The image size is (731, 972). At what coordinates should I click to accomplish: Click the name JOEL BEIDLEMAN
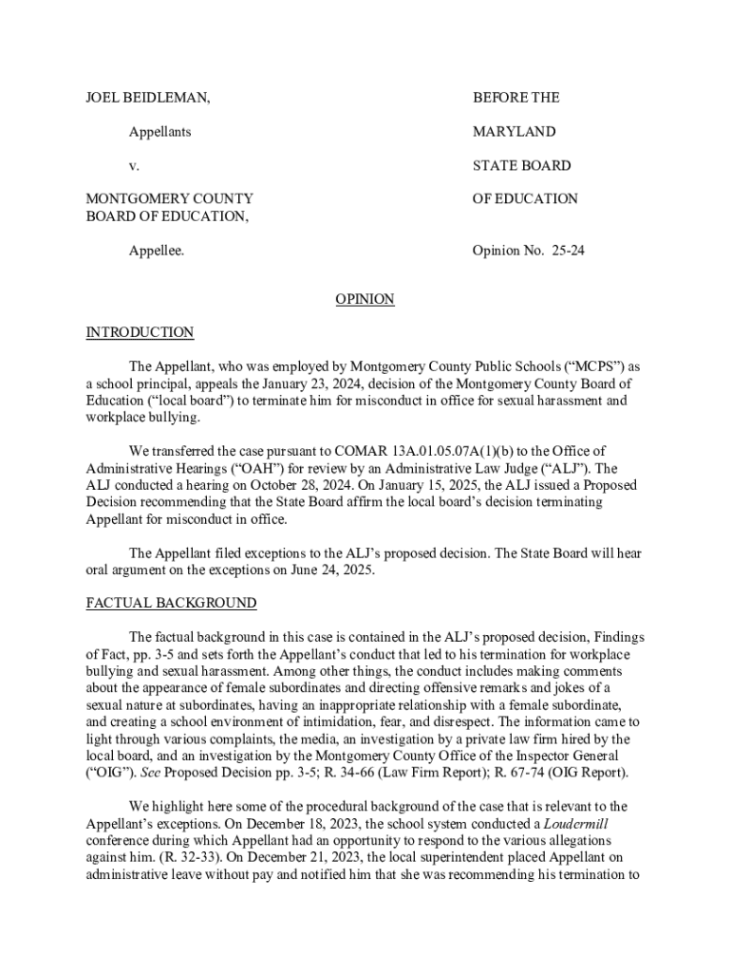tap(148, 98)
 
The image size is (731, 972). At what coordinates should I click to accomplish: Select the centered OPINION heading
tap(365, 299)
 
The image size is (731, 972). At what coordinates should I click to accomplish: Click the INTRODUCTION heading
tap(140, 332)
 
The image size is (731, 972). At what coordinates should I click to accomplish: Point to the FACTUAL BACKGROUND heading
tap(171, 603)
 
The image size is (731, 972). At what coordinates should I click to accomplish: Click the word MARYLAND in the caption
tap(514, 132)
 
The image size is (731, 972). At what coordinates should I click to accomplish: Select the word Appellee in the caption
tap(157, 252)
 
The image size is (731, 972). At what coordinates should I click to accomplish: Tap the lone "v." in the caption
tap(134, 166)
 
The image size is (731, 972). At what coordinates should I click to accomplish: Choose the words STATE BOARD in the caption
tap(521, 166)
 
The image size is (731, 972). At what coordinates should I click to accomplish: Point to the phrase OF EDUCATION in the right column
tap(525, 199)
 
